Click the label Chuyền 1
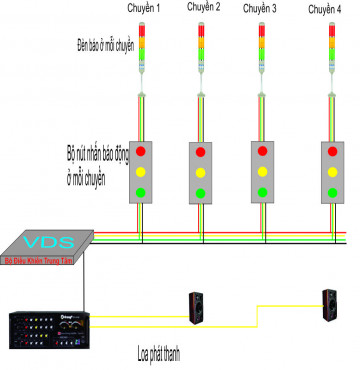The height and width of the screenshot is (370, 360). tap(144, 8)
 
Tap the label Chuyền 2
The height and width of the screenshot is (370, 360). tap(203, 8)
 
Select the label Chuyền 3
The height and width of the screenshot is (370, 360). tap(261, 8)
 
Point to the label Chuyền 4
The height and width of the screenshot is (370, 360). tap(325, 8)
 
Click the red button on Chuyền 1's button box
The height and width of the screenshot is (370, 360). tap(141, 152)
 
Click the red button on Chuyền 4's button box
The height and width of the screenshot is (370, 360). tap(333, 152)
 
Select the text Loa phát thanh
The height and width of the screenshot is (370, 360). tap(166, 354)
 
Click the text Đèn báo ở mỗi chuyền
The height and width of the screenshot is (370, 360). tap(105, 45)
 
